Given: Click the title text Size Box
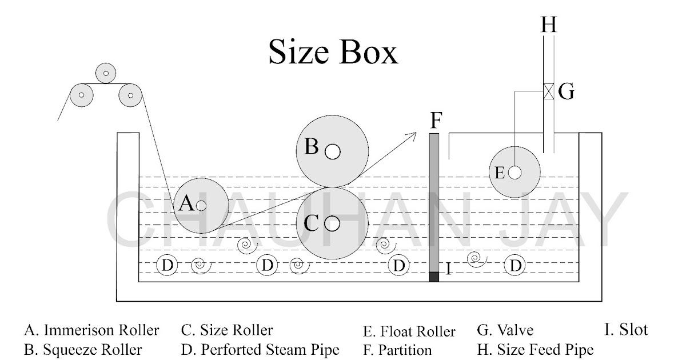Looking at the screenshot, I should pyautogui.click(x=333, y=53).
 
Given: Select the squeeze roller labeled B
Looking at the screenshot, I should pyautogui.click(x=332, y=151).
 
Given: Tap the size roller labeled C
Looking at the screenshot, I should pyautogui.click(x=332, y=223).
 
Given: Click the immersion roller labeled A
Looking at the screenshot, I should pyautogui.click(x=200, y=205).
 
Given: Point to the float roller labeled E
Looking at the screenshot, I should pyautogui.click(x=514, y=172).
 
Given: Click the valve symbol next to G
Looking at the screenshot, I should pyautogui.click(x=548, y=91).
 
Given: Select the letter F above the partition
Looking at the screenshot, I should pyautogui.click(x=436, y=121).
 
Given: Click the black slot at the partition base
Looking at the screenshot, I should pyautogui.click(x=434, y=277).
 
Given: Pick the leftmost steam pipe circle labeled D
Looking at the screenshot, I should pyautogui.click(x=167, y=265).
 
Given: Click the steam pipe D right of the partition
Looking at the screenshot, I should pyautogui.click(x=516, y=265).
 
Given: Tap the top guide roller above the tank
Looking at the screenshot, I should pyautogui.click(x=106, y=73).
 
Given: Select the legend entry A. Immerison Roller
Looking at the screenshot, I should pyautogui.click(x=91, y=330).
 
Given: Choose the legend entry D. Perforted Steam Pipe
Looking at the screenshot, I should pyautogui.click(x=260, y=349).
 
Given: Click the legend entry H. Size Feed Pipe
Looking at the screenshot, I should pyautogui.click(x=535, y=349).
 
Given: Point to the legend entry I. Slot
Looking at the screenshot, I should pyautogui.click(x=626, y=330).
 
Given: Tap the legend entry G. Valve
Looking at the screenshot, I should pyautogui.click(x=505, y=330).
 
